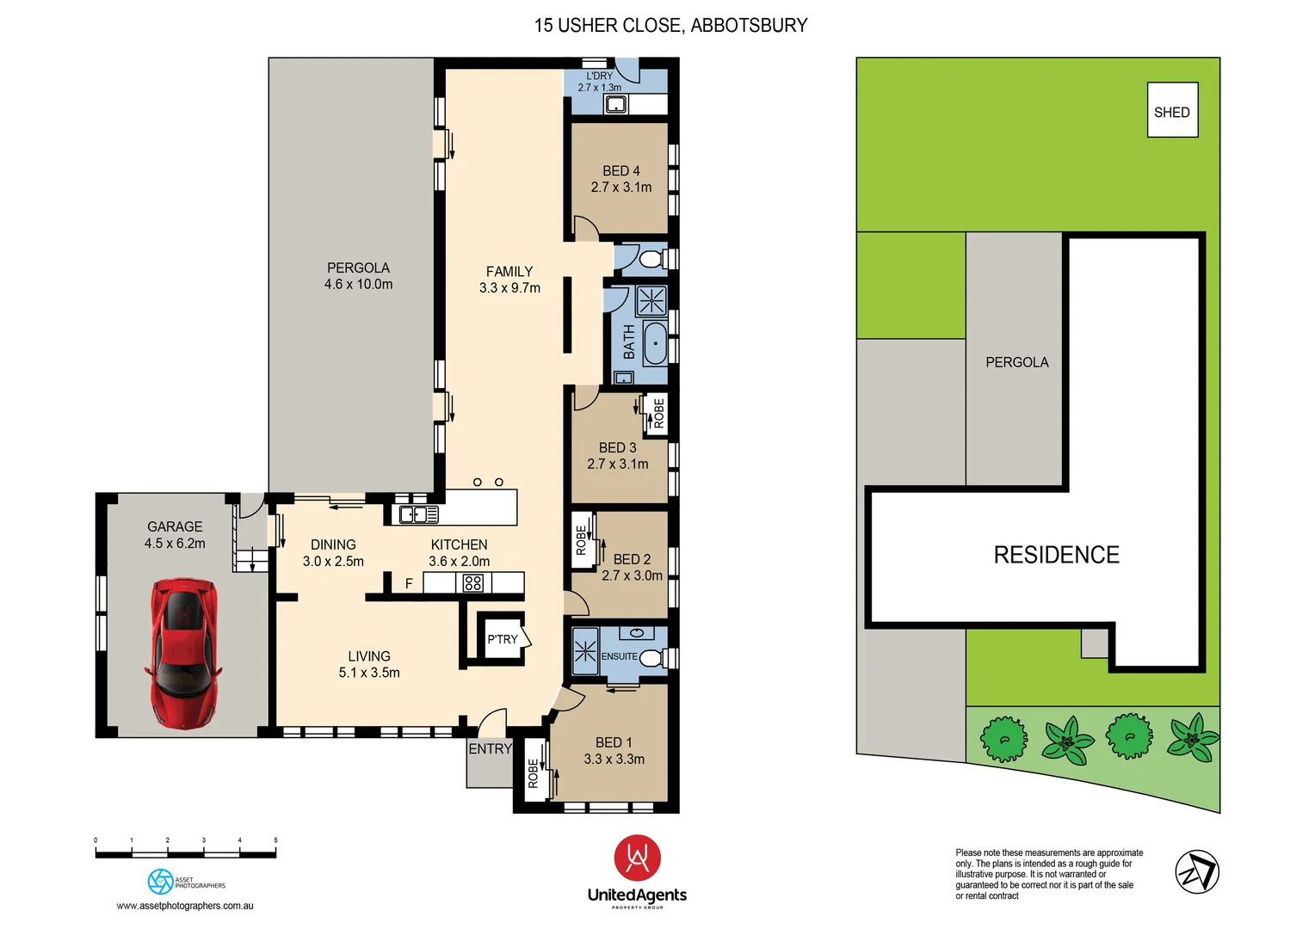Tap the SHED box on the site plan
pyautogui.click(x=1172, y=111)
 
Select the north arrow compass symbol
pyautogui.click(x=1197, y=872)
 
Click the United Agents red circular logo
pyautogui.click(x=637, y=858)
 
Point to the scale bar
pyautogui.click(x=186, y=853)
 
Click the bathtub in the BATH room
pyautogui.click(x=655, y=344)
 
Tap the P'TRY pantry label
pyautogui.click(x=502, y=639)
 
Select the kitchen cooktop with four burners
pyautogui.click(x=472, y=583)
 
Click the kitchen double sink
pyautogui.click(x=417, y=514)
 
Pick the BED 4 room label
pyautogui.click(x=620, y=171)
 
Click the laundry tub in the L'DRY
pyautogui.click(x=614, y=105)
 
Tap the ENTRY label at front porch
pyautogui.click(x=490, y=749)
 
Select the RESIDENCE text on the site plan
pyautogui.click(x=1056, y=556)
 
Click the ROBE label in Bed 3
pyautogui.click(x=658, y=413)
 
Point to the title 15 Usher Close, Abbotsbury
pyautogui.click(x=670, y=26)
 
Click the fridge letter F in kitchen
pyautogui.click(x=409, y=584)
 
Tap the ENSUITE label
pyautogui.click(x=619, y=656)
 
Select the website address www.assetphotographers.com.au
pyautogui.click(x=185, y=906)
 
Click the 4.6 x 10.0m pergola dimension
pyautogui.click(x=358, y=285)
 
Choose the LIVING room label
pyautogui.click(x=369, y=656)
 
